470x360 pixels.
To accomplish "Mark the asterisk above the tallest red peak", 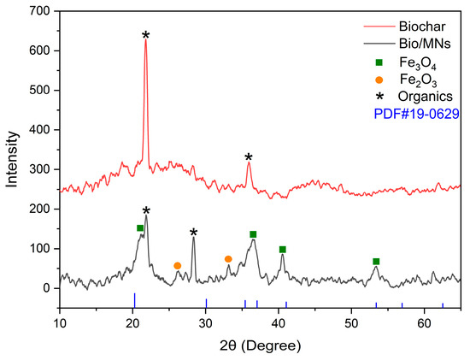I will point(146,36).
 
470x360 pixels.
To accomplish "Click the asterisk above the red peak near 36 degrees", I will point(249,157).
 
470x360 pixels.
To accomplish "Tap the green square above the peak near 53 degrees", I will point(376,262).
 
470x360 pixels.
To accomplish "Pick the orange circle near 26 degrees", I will point(177,266).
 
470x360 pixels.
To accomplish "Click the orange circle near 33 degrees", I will point(228,259).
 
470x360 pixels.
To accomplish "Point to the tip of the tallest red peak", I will point(146,41).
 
